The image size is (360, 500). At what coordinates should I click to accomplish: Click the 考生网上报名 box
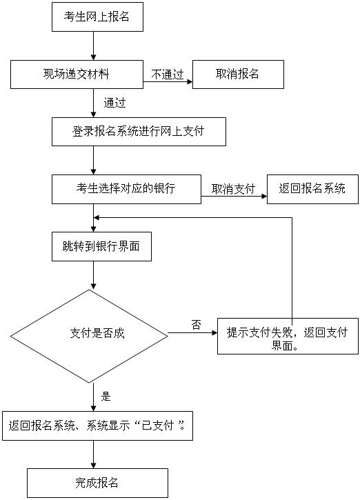(97, 17)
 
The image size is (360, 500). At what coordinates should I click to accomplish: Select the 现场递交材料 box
(77, 74)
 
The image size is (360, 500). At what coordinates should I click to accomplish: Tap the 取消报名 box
(238, 74)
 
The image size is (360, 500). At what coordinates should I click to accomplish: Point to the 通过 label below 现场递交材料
(114, 103)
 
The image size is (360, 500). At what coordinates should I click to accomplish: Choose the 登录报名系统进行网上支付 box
(139, 131)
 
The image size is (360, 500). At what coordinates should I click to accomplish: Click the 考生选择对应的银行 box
(126, 188)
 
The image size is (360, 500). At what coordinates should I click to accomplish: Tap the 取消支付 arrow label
(233, 188)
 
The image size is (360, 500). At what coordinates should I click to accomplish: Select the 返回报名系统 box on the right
(312, 188)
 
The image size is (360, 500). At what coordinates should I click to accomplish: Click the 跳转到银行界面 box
(101, 246)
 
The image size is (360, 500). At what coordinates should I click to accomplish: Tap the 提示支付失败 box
(288, 336)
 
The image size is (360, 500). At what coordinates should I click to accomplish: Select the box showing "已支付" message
(97, 426)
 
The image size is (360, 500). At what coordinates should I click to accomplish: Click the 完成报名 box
(97, 482)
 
